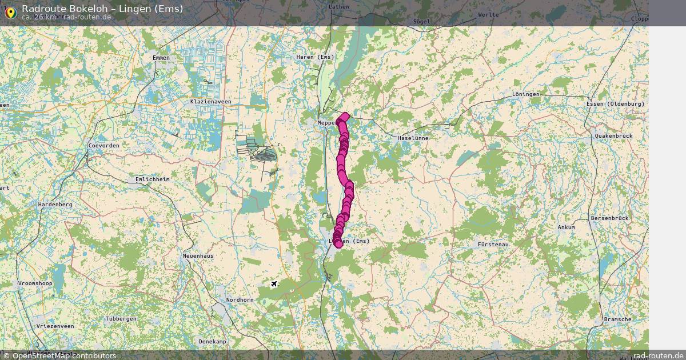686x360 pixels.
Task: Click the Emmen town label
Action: click(161, 58)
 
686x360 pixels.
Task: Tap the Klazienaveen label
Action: click(210, 101)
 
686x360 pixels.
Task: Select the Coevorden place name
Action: click(103, 146)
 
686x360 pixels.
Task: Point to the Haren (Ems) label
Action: click(315, 57)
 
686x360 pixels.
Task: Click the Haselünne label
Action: click(413, 138)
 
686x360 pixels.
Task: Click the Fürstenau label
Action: click(493, 244)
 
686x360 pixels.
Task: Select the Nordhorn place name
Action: click(240, 299)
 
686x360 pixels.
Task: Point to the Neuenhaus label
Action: click(198, 255)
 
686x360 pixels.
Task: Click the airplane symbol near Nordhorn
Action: click(273, 283)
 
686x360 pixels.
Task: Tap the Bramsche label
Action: click(617, 319)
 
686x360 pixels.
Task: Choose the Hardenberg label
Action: click(55, 204)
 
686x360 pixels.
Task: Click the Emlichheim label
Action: click(152, 179)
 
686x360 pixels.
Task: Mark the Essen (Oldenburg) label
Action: click(615, 103)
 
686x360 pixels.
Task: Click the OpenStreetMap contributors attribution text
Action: click(59, 355)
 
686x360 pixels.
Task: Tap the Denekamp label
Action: click(212, 341)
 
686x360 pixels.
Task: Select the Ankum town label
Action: click(566, 227)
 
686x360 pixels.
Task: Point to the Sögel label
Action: click(421, 22)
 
